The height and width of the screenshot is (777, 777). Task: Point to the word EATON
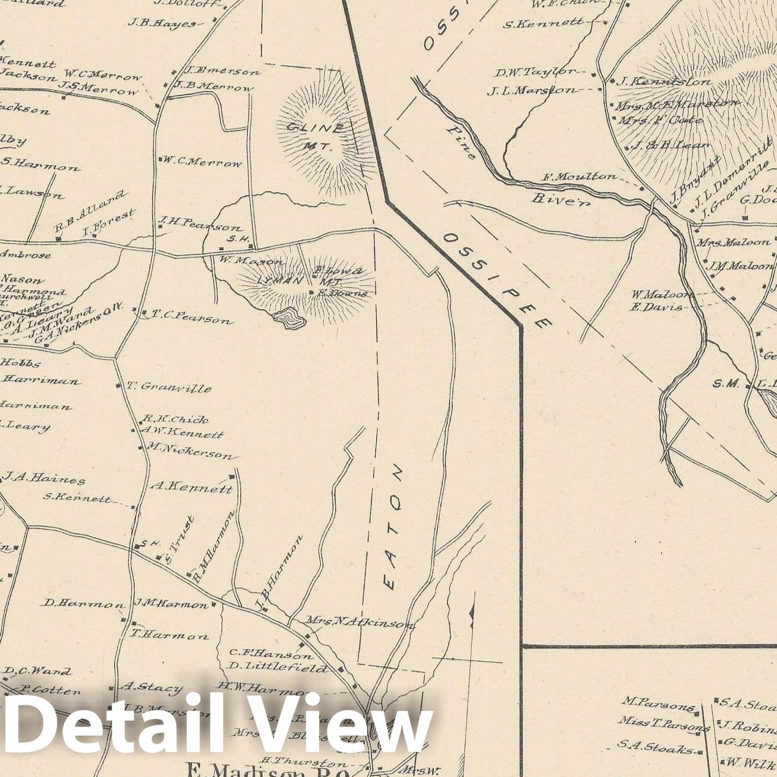point(394,527)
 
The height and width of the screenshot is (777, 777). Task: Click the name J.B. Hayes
point(162,23)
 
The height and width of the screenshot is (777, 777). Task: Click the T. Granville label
point(169,387)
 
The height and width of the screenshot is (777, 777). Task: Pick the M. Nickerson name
point(190,451)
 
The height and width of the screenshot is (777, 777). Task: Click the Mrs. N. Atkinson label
point(360,623)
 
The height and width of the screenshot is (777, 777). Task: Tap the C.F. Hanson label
point(271,654)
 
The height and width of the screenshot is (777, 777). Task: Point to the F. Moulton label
point(580,176)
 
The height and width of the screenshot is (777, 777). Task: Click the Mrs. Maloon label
point(733,242)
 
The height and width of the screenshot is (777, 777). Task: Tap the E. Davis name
point(655,306)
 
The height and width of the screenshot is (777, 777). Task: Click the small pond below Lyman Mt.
point(289,318)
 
